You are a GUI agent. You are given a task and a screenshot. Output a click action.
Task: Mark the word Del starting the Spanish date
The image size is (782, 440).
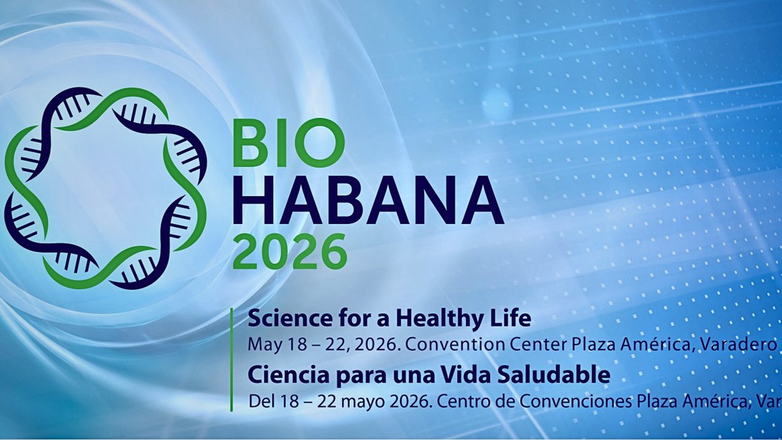(260, 400)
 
